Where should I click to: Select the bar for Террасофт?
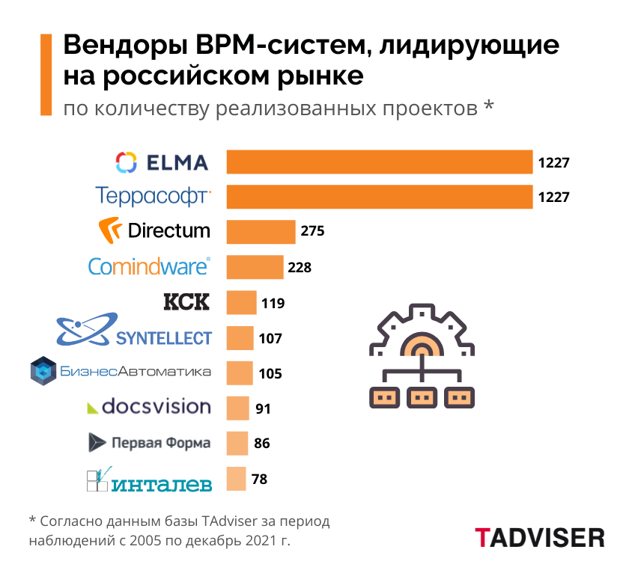coord(380,197)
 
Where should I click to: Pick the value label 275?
coord(312,231)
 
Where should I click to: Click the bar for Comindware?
coord(255,266)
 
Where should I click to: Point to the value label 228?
coord(300,267)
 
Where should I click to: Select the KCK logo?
coord(186,302)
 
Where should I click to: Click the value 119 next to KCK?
coord(273,303)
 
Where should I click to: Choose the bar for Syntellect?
coord(240,338)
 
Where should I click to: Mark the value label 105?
coord(270,373)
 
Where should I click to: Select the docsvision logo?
coord(149,407)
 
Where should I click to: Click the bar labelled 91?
coord(237,408)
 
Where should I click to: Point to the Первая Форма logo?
coord(150,442)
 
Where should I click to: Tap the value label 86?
coord(262,444)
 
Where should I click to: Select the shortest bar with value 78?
coord(236,479)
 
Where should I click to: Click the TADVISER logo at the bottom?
coord(539,537)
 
